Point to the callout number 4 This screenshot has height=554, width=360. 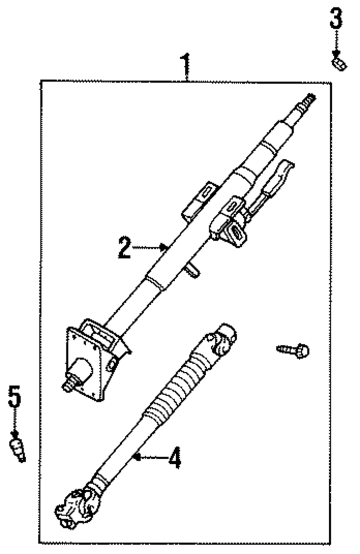tap(175, 458)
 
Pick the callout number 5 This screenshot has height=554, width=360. tap(14, 396)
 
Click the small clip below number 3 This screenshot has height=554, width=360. tap(339, 64)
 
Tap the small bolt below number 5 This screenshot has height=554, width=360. tap(17, 449)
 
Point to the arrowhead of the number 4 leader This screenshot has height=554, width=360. tap(136, 457)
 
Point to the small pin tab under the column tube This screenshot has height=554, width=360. tap(193, 270)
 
